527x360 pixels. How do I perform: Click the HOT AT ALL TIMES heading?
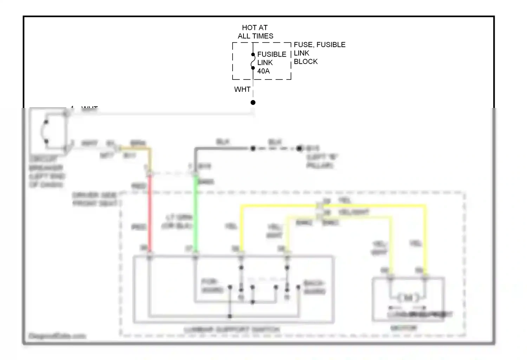[x=255, y=32]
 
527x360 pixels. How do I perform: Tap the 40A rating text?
[x=263, y=71]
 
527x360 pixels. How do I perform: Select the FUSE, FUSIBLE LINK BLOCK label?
[x=319, y=53]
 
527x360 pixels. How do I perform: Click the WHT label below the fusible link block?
[x=242, y=89]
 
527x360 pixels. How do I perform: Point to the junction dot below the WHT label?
[x=253, y=103]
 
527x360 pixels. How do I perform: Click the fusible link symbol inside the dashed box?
[x=253, y=61]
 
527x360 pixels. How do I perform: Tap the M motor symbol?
[x=408, y=298]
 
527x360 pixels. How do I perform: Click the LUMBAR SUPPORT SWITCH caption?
[x=232, y=329]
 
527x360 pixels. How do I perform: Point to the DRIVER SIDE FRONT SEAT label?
[x=95, y=199]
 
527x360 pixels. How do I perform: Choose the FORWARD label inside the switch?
[x=212, y=286]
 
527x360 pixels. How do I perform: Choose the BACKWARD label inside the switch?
[x=314, y=287]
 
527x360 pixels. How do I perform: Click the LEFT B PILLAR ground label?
[x=321, y=161]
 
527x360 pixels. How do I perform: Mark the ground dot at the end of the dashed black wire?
[x=299, y=148]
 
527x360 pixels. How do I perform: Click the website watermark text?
[x=57, y=336]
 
